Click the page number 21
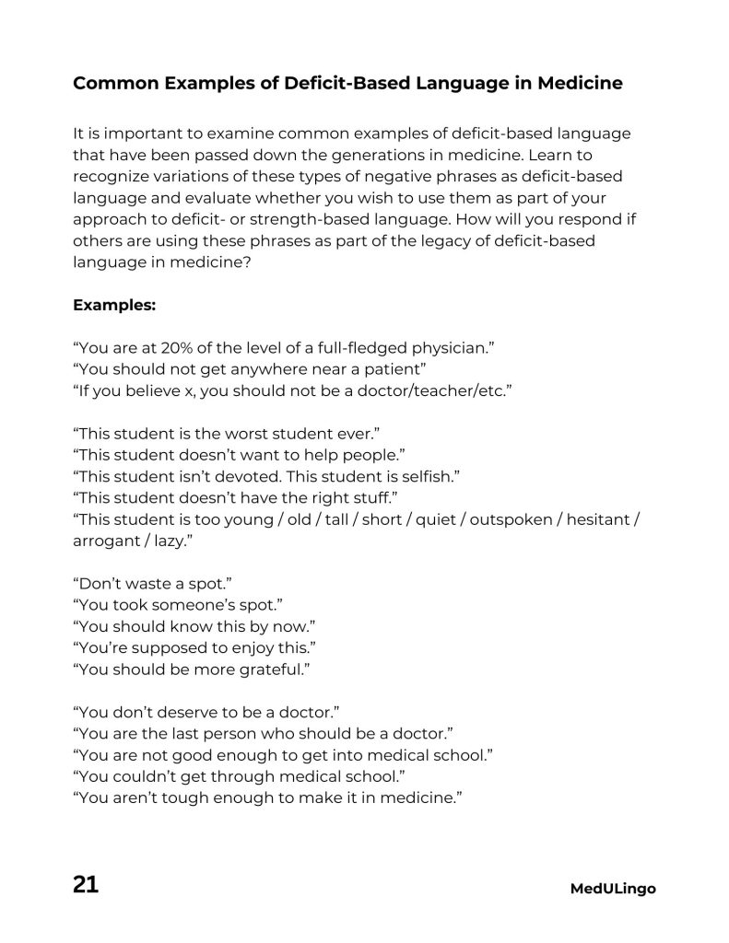pos(86,886)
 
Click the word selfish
pos(428,476)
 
